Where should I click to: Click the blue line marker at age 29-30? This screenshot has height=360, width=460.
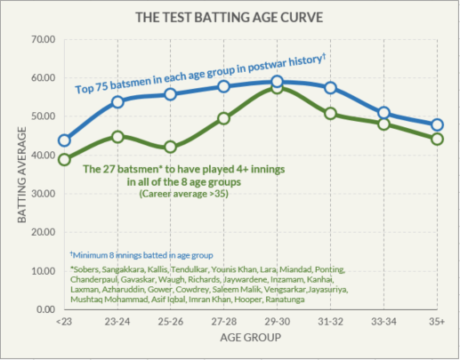(277, 83)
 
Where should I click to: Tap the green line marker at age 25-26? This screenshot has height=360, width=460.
(170, 148)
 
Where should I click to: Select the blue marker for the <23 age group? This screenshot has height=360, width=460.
(64, 140)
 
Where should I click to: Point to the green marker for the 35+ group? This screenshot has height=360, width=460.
(437, 139)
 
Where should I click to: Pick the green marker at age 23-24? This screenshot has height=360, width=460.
(117, 137)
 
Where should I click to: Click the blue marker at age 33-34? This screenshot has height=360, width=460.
(383, 113)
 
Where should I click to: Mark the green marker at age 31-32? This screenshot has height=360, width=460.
(330, 114)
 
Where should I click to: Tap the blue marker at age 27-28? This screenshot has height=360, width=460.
(223, 86)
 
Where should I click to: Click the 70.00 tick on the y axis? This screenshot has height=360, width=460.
(42, 40)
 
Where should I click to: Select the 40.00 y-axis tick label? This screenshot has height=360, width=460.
(42, 156)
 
